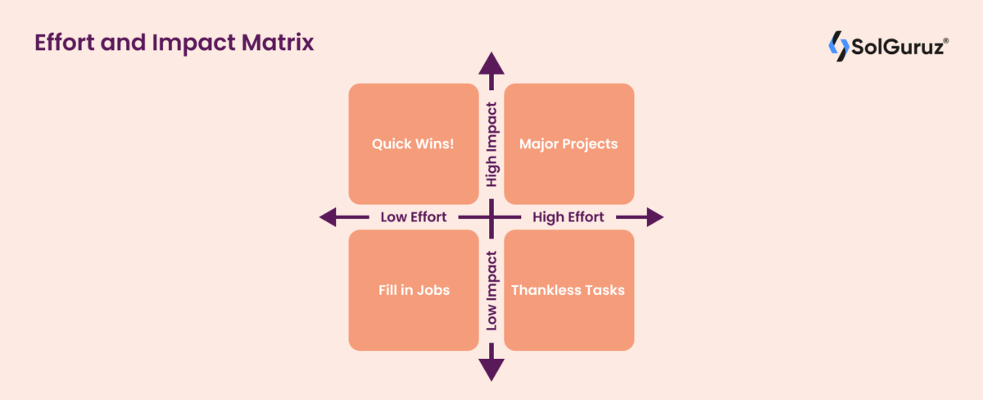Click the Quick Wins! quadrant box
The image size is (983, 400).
414,143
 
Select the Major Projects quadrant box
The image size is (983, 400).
569,143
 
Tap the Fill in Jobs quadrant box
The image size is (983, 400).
414,290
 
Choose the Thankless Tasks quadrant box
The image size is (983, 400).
569,290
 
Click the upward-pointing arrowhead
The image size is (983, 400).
491,63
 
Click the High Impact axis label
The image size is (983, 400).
491,144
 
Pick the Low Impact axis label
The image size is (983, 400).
491,291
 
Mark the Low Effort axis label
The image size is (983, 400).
414,217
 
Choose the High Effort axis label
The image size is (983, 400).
569,217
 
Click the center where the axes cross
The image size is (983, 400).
491,217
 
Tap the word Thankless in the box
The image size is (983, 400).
544,290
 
